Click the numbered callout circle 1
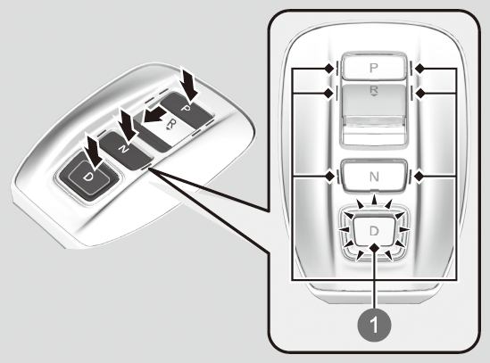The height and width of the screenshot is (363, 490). (x=374, y=326)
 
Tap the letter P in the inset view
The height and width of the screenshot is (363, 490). (x=373, y=68)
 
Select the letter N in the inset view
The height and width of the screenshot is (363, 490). (x=374, y=177)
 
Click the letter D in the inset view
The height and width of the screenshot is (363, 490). (x=374, y=231)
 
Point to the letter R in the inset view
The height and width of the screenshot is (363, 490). (x=374, y=91)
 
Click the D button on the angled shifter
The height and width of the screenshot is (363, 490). (x=88, y=177)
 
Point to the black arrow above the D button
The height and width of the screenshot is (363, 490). (x=93, y=150)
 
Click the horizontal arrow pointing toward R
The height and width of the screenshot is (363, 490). (x=154, y=115)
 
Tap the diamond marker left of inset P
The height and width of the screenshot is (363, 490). (x=328, y=69)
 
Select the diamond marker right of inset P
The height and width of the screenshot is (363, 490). (x=419, y=69)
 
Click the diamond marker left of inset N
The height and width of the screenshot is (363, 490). (x=329, y=177)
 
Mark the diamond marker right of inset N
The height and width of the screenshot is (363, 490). (x=419, y=177)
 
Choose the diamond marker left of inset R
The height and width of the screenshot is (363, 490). (x=328, y=93)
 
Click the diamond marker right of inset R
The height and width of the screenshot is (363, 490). (x=419, y=93)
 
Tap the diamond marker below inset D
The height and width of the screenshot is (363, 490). (x=374, y=248)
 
